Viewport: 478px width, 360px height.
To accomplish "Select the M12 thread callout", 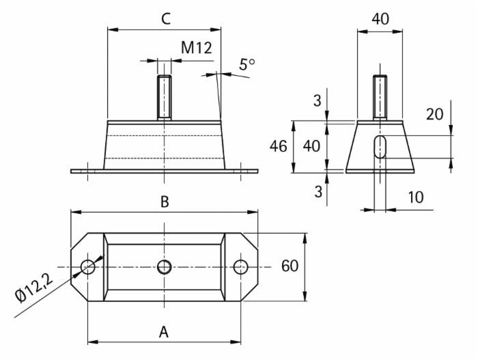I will pyautogui.click(x=197, y=48).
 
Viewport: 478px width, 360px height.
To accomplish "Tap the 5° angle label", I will pyautogui.click(x=247, y=65).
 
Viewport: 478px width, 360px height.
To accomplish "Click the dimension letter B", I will pyautogui.click(x=165, y=202).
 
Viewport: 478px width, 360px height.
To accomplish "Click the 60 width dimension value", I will pyautogui.click(x=290, y=266).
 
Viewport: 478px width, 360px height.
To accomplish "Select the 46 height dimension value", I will pyautogui.click(x=278, y=147).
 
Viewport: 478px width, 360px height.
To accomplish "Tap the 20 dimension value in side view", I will pyautogui.click(x=434, y=114).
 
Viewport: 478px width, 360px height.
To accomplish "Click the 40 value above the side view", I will pyautogui.click(x=380, y=18).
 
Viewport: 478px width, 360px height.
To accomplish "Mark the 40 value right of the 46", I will pyautogui.click(x=311, y=147).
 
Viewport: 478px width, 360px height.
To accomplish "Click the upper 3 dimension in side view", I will pyautogui.click(x=316, y=101).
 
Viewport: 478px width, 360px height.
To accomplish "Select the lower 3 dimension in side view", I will pyautogui.click(x=316, y=191).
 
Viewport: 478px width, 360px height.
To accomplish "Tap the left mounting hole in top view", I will pyautogui.click(x=88, y=266).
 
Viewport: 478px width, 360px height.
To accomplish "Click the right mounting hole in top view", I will pyautogui.click(x=241, y=266).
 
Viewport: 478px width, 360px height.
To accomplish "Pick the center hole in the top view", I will pyautogui.click(x=165, y=266).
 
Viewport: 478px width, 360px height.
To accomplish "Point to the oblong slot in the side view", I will pyautogui.click(x=381, y=148).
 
